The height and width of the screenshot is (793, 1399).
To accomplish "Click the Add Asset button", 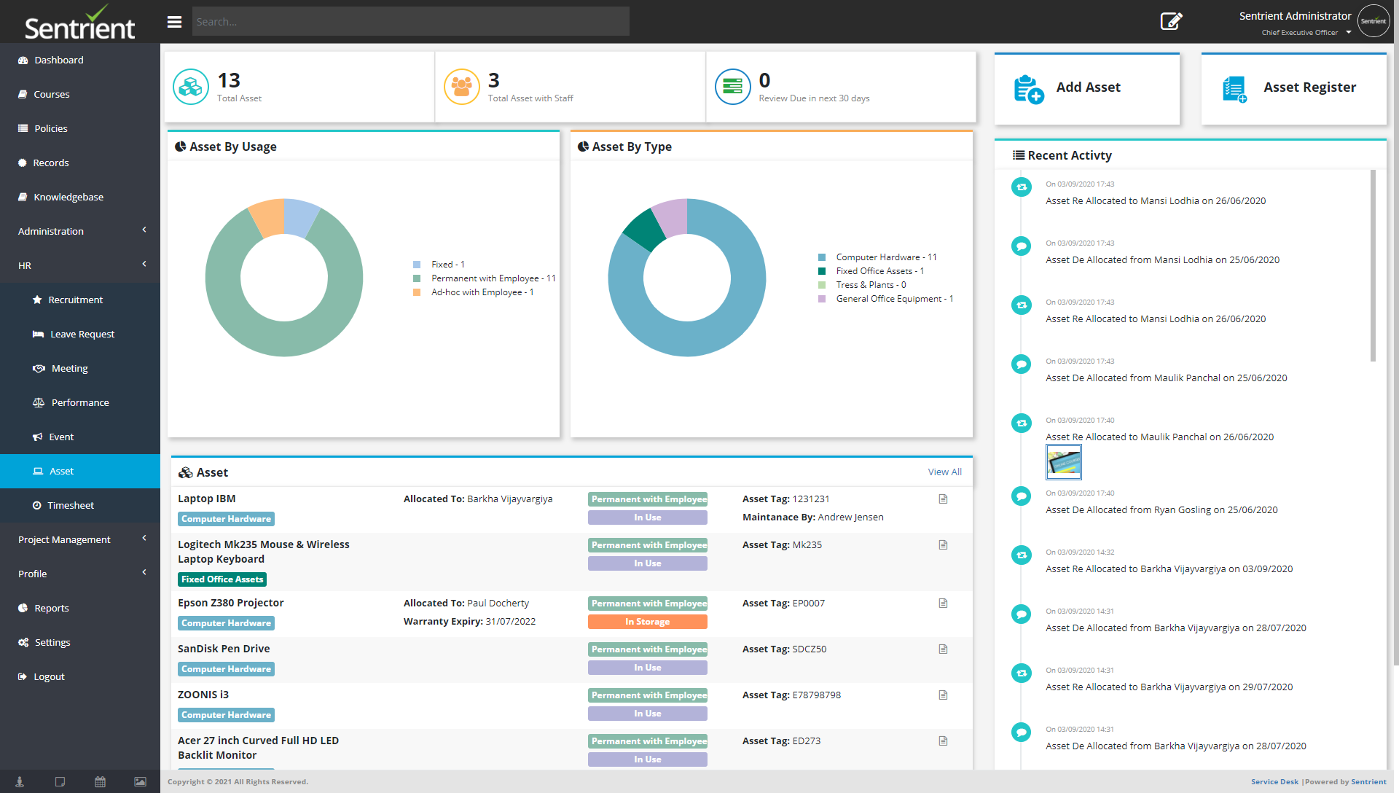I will [x=1086, y=88].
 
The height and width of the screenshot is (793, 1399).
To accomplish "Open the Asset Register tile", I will [x=1293, y=88].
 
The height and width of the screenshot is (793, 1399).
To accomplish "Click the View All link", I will [x=944, y=472].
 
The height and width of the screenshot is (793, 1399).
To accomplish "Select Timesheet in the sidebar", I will [x=71, y=506].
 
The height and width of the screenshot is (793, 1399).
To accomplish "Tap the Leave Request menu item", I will [x=82, y=335].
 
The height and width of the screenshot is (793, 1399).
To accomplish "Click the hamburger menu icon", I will [x=174, y=22].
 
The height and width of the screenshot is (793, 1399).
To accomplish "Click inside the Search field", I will [x=410, y=22].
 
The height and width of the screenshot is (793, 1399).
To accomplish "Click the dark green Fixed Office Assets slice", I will [x=643, y=229].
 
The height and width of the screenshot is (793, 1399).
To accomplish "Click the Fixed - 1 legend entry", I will [x=447, y=265].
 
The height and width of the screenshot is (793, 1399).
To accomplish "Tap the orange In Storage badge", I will [x=647, y=622].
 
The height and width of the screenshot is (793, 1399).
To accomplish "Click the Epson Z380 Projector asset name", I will [x=230, y=603].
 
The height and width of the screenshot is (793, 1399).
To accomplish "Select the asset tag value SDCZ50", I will [x=809, y=649].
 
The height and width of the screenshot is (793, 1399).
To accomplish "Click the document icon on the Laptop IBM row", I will [x=943, y=499].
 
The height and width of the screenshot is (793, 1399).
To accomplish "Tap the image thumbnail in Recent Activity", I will [x=1063, y=462].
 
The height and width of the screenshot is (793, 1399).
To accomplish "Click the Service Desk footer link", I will [x=1274, y=782].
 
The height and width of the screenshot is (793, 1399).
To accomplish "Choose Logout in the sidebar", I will [x=49, y=677].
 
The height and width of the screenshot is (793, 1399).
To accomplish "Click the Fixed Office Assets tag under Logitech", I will [x=222, y=579].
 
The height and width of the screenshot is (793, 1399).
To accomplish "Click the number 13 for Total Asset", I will [x=229, y=80].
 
